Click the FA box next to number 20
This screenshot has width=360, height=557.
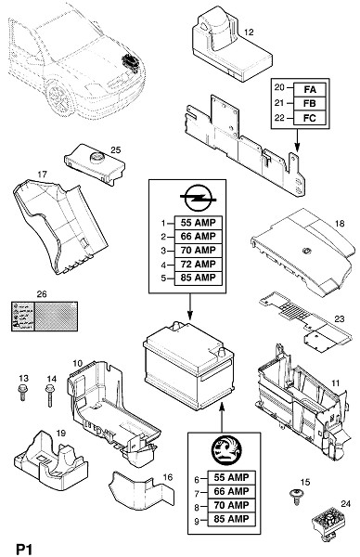click(x=310, y=89)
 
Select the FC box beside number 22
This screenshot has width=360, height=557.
click(x=310, y=118)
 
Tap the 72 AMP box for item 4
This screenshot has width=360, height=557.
click(x=199, y=264)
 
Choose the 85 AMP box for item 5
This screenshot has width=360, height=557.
click(x=199, y=278)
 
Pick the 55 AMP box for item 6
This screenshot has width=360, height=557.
click(x=231, y=477)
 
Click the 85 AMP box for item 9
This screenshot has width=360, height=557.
click(x=231, y=519)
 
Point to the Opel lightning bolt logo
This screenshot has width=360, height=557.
click(x=199, y=197)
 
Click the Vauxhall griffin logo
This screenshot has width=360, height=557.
click(x=226, y=451)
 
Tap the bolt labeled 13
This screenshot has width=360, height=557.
click(x=22, y=393)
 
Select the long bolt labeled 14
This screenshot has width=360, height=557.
click(x=50, y=395)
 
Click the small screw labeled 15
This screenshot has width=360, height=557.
click(x=295, y=497)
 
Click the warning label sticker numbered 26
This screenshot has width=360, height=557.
click(x=45, y=317)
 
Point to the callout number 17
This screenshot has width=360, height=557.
click(x=42, y=175)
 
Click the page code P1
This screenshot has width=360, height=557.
click(x=24, y=549)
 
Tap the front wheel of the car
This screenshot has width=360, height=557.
click(x=59, y=97)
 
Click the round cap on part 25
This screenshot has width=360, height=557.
click(x=96, y=157)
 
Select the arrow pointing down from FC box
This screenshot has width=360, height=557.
click(x=297, y=140)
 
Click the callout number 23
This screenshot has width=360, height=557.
click(x=340, y=318)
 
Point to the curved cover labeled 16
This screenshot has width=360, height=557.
click(x=142, y=491)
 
